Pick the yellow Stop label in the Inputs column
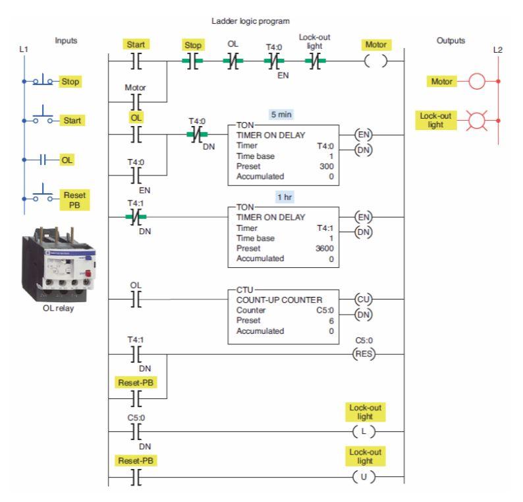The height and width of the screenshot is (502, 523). (x=70, y=83)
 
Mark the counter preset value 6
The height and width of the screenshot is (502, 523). (x=331, y=321)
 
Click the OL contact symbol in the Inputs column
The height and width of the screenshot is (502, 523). (x=42, y=159)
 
